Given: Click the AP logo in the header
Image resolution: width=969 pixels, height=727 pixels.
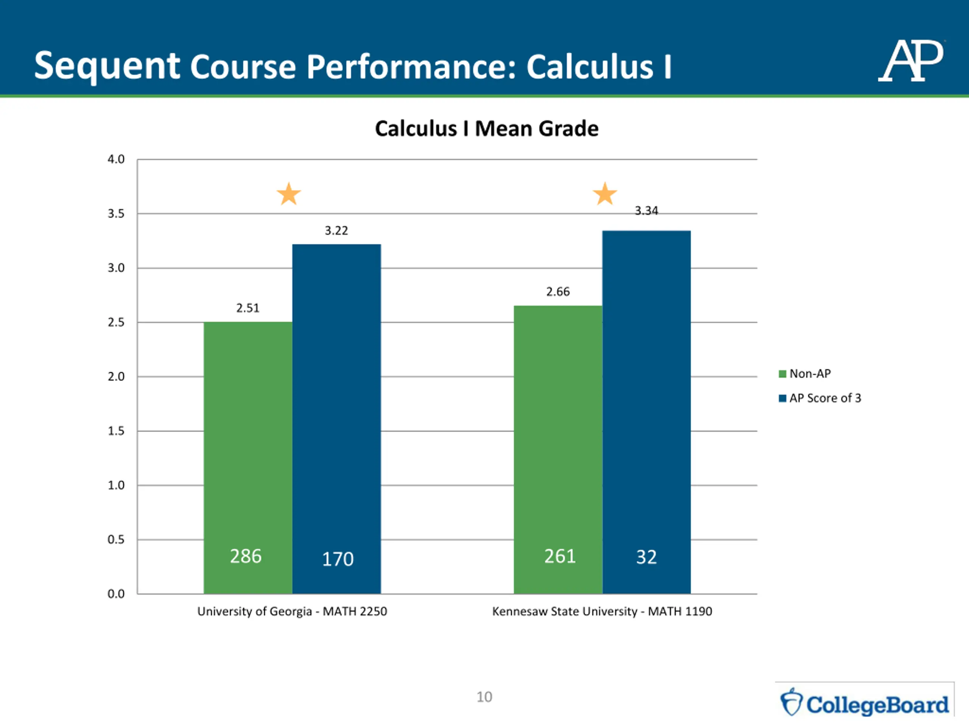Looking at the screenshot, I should coord(911,61).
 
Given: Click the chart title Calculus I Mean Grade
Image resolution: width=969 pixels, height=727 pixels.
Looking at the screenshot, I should coord(486,129).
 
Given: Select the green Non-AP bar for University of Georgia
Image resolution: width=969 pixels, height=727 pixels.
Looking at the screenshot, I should coord(248,438).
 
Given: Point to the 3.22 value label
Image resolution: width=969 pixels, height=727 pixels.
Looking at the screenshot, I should coord(337,231).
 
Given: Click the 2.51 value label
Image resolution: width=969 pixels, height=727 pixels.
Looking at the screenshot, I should coord(248,309).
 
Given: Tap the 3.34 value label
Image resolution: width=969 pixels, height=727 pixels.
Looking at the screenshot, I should coord(646,211).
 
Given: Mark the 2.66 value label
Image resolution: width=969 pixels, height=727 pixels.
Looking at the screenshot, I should coord(558,292).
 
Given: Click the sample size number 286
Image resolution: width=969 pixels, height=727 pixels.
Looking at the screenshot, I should coord(246,557).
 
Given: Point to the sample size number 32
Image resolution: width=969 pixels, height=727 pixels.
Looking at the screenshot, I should coord(646,557).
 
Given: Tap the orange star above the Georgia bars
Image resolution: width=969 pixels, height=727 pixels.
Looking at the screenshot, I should coord(289,194).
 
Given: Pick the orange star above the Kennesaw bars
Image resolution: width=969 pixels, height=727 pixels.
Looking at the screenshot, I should coord(604,194).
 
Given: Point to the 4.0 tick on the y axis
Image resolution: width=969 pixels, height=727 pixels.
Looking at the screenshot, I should coord(116,159).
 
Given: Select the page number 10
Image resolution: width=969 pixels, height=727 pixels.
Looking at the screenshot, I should coord(484,697).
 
